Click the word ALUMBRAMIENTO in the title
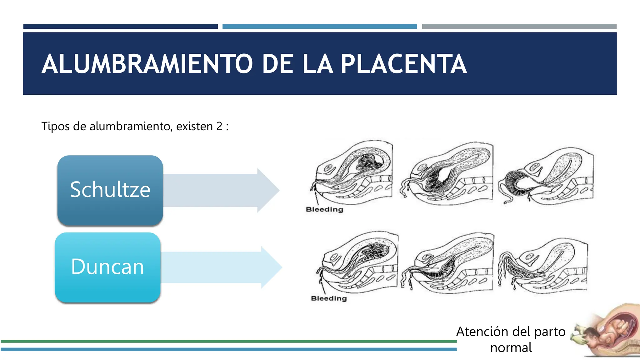pyautogui.click(x=147, y=64)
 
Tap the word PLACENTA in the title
pyautogui.click(x=403, y=64)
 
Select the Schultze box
pyautogui.click(x=110, y=190)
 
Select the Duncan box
pyautogui.click(x=107, y=267)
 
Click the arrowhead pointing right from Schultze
pyautogui.click(x=267, y=190)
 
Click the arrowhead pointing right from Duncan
pyautogui.click(x=271, y=267)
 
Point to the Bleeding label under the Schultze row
pyautogui.click(x=324, y=209)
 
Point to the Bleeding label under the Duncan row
pyautogui.click(x=329, y=298)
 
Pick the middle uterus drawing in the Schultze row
pyautogui.click(x=448, y=173)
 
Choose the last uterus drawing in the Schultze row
pyautogui.click(x=547, y=177)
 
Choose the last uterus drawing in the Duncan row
pyautogui.click(x=544, y=266)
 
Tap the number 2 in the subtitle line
pyautogui.click(x=219, y=127)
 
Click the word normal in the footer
pyautogui.click(x=511, y=347)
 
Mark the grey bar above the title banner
pyautogui.click(x=519, y=27)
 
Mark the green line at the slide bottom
pyautogui.click(x=228, y=342)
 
